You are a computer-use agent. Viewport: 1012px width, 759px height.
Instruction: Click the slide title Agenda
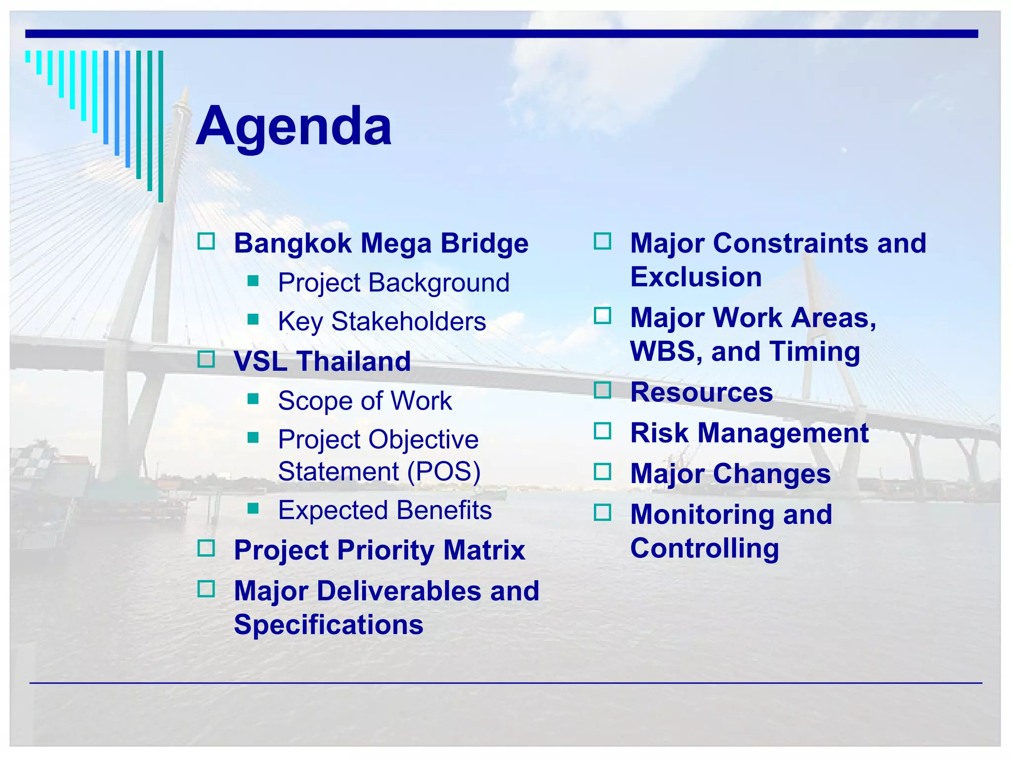[294, 126]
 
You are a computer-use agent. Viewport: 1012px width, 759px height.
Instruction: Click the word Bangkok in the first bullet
[293, 243]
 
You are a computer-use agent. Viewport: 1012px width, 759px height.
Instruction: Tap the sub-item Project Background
[393, 283]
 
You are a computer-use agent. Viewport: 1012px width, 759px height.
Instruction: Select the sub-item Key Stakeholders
[381, 321]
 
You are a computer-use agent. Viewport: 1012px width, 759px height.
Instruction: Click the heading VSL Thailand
[322, 361]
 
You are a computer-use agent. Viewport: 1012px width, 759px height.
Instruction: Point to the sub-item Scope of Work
[365, 400]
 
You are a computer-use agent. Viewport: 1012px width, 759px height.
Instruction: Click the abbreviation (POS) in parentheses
[443, 471]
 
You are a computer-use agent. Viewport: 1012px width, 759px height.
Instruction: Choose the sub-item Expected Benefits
[384, 510]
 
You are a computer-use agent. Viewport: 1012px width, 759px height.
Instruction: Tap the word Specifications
[328, 625]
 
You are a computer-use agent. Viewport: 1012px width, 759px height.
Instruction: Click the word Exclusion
[696, 277]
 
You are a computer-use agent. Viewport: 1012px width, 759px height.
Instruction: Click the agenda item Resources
[701, 392]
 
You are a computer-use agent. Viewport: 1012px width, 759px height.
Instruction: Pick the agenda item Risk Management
[749, 433]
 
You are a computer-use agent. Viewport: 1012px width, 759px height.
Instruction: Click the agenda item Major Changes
[730, 473]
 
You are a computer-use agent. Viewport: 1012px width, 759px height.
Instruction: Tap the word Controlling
[704, 548]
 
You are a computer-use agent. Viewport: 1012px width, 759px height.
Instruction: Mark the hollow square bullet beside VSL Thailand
[206, 359]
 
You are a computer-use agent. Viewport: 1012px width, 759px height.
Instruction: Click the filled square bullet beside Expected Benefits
[253, 508]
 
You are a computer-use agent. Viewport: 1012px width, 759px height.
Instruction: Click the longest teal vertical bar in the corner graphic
[161, 126]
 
